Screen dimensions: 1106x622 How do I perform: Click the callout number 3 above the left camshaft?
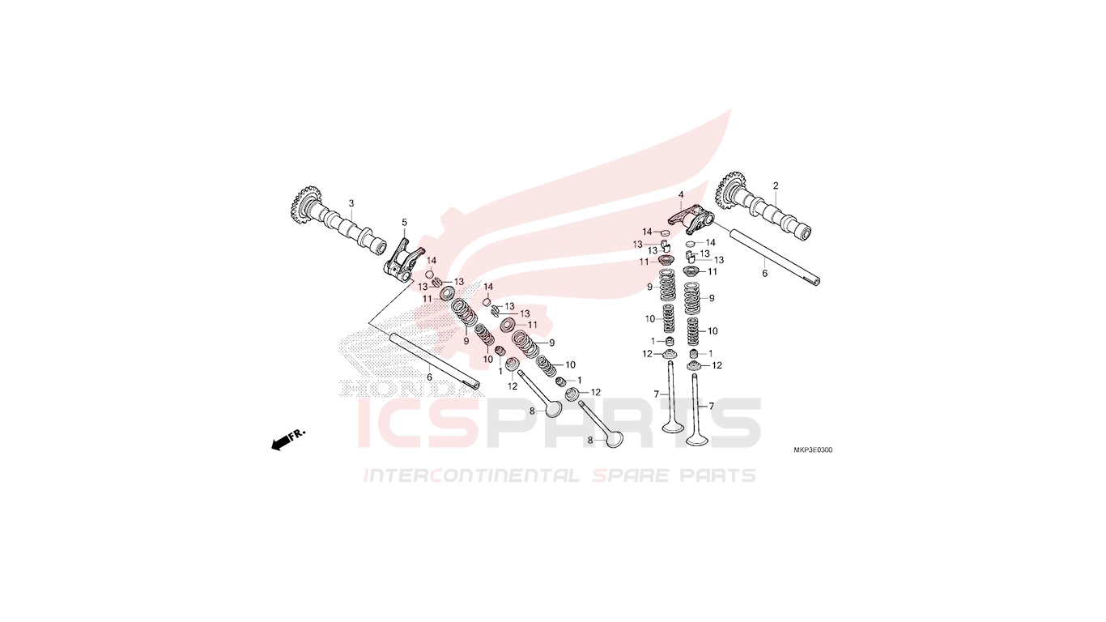pos(351,203)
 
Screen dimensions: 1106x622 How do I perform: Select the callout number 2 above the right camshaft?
pos(776,185)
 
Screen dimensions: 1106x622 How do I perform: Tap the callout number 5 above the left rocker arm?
pos(404,223)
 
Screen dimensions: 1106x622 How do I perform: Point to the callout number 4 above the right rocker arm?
pos(681,194)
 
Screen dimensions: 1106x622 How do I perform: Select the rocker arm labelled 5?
pos(403,260)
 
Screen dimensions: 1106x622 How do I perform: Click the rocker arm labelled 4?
pos(691,219)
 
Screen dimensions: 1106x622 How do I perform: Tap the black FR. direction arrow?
pos(282,443)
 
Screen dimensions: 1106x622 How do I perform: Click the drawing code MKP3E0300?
pos(813,450)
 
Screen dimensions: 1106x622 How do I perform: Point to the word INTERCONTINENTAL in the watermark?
pos(471,475)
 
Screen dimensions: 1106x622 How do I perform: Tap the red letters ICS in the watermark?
pos(419,424)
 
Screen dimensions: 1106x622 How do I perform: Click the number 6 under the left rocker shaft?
pos(429,377)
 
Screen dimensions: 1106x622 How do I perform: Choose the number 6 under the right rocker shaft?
pos(765,273)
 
